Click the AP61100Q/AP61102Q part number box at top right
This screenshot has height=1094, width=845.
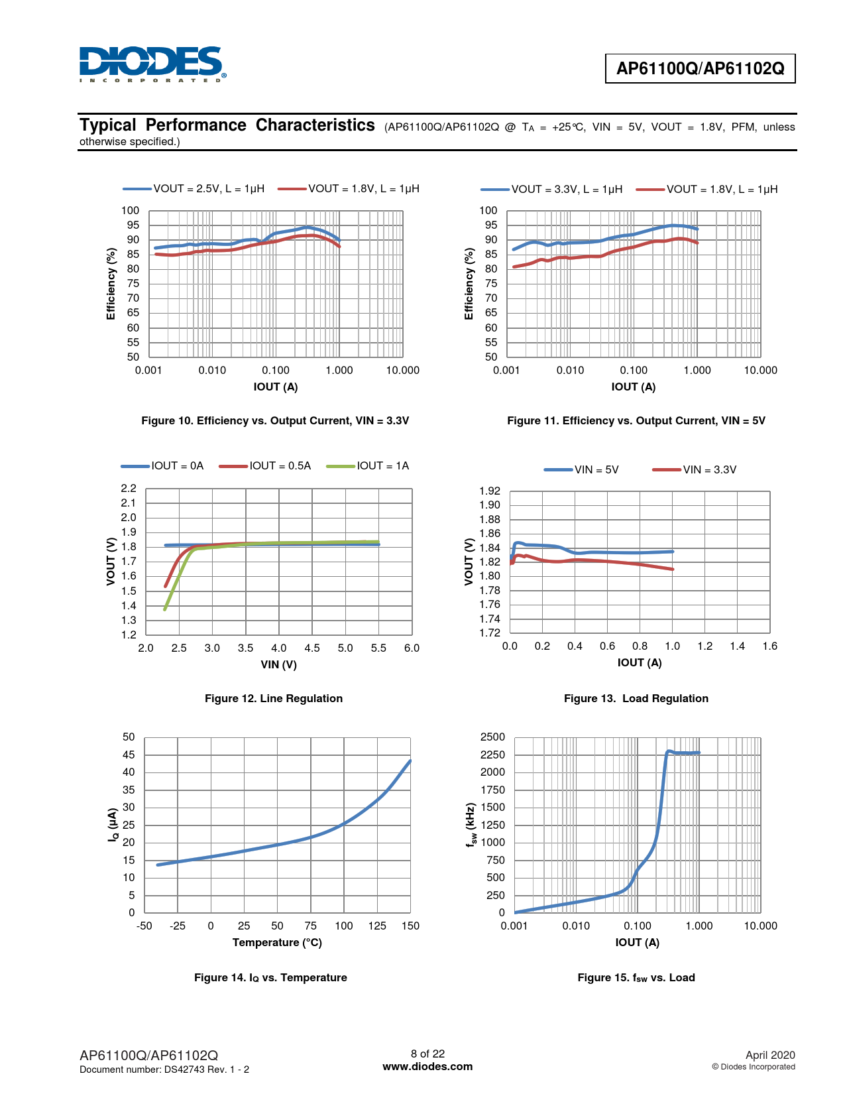(x=700, y=68)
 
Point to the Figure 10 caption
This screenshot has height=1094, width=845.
(x=275, y=421)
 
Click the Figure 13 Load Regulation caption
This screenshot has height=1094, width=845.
(x=636, y=699)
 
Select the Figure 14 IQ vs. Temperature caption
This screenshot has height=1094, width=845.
(x=270, y=978)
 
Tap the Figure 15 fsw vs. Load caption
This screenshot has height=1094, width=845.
(x=636, y=978)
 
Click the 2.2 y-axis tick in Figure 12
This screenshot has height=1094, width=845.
(x=129, y=489)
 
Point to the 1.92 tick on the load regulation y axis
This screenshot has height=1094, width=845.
(x=490, y=491)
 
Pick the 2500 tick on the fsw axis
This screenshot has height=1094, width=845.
(x=492, y=737)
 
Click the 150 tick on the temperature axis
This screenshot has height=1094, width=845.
(x=410, y=926)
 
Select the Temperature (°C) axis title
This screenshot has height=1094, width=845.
(x=277, y=943)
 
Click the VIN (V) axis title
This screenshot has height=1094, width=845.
(x=278, y=664)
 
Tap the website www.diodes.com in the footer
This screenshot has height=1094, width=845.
(x=427, y=1067)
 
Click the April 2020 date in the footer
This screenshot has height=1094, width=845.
(x=769, y=1055)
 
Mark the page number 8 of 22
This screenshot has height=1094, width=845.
(x=427, y=1054)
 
